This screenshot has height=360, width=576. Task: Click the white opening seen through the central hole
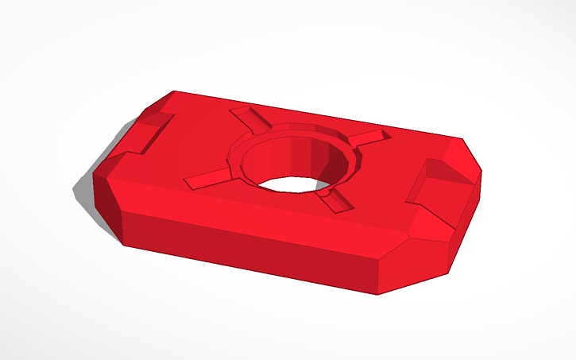pos(291,184)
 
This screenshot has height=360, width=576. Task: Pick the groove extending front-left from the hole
pos(208,180)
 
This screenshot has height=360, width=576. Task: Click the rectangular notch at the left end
pos(151,132)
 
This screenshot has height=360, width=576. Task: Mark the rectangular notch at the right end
pos(433,191)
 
